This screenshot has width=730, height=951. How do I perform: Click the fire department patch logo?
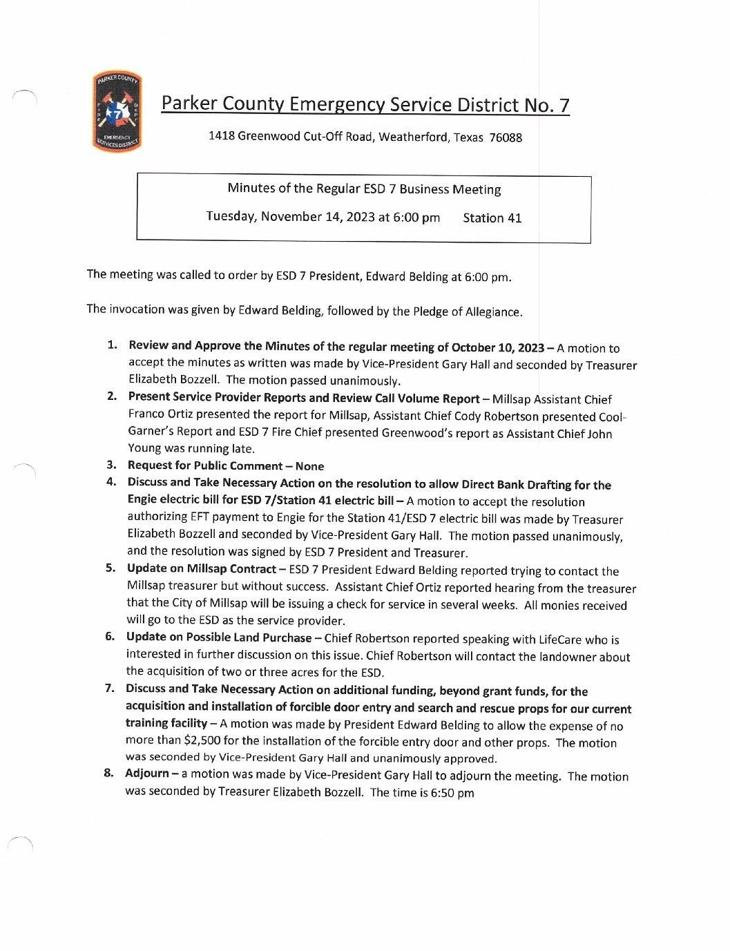coord(117,112)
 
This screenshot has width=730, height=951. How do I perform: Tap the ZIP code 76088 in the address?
coord(506,137)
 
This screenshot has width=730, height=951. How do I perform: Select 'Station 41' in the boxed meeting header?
coord(492,218)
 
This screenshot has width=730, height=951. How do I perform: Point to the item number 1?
coord(113,345)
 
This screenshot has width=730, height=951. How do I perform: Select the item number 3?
coord(111,465)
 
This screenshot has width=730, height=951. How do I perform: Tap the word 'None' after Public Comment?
coord(309,466)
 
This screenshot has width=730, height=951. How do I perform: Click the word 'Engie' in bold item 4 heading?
coord(144,499)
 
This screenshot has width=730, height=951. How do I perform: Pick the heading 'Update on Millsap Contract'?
coord(201,568)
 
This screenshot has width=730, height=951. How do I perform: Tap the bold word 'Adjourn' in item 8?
coord(146,773)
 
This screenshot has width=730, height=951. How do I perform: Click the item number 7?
coord(109,688)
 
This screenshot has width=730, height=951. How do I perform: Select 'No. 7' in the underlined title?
coord(546,105)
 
